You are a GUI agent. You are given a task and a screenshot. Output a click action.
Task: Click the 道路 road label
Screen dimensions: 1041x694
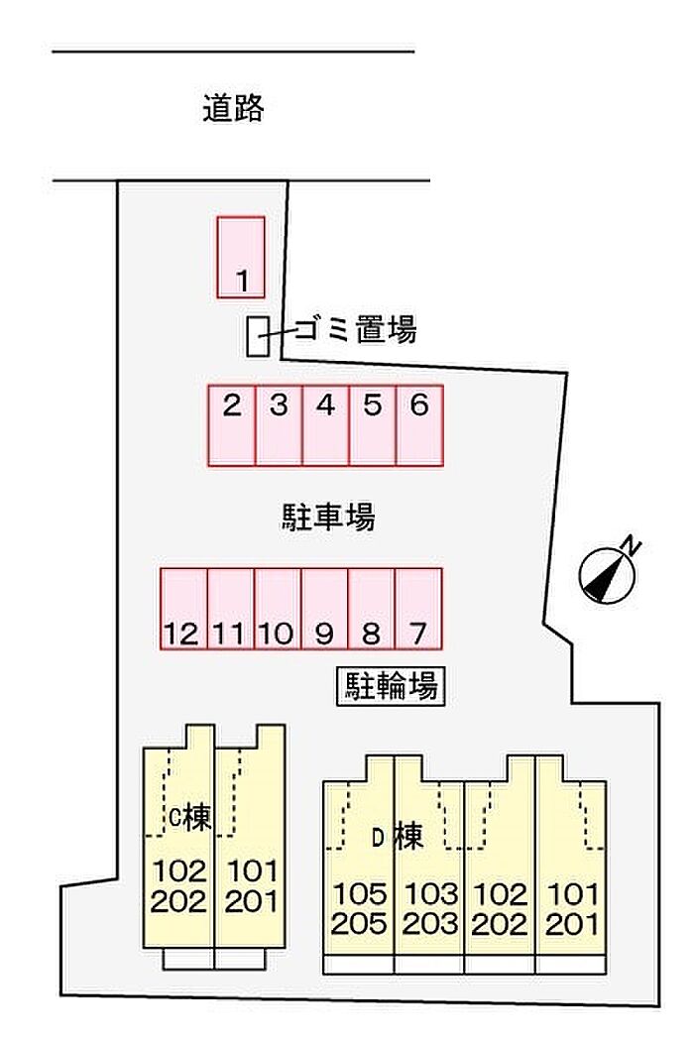[x=234, y=108]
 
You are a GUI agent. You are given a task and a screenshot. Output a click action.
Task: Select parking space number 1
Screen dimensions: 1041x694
[x=241, y=256]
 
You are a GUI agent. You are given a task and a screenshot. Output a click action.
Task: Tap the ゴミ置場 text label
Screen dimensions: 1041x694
[x=353, y=330]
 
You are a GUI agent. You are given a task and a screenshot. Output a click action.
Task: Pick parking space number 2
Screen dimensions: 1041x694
[x=232, y=424]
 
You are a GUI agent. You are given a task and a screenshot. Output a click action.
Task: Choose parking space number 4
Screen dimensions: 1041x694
[x=325, y=424]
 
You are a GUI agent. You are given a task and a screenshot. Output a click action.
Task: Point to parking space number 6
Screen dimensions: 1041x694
[x=418, y=424]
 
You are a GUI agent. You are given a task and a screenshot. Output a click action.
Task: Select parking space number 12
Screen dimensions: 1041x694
[x=184, y=608]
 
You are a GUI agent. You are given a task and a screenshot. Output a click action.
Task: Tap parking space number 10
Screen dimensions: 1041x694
[x=278, y=608]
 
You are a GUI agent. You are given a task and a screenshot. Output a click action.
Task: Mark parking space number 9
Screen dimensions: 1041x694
[x=324, y=608]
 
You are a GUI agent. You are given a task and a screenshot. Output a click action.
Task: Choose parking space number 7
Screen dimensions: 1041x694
[x=417, y=608]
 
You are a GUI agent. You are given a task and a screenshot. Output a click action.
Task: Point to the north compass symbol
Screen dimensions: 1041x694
[x=608, y=572]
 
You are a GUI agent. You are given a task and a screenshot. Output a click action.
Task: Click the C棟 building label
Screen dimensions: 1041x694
[x=188, y=819]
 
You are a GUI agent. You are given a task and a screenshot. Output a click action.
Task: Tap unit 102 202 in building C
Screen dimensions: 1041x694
[x=179, y=886]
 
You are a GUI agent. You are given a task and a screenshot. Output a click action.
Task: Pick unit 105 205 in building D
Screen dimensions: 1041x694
[x=359, y=909]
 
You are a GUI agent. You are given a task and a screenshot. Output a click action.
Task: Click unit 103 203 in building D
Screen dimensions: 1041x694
[x=430, y=909]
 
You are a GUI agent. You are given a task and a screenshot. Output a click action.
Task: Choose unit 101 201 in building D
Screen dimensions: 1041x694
[x=572, y=909]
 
